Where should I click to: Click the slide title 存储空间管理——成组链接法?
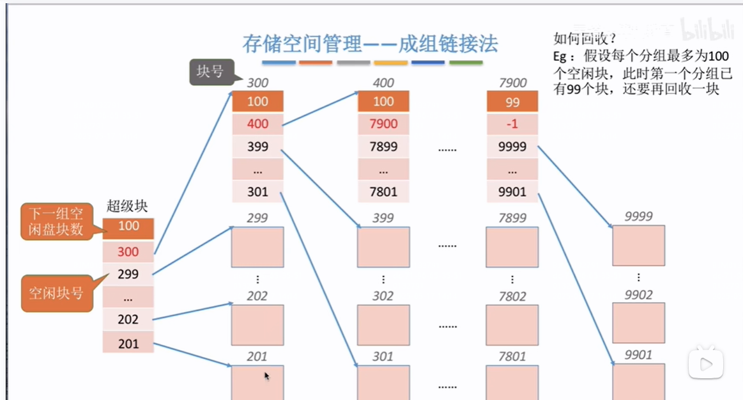click(x=370, y=45)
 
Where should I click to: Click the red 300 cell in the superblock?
click(x=128, y=251)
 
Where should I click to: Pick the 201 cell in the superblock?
click(x=128, y=344)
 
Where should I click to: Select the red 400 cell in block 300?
click(x=257, y=124)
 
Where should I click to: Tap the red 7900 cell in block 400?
click(x=383, y=124)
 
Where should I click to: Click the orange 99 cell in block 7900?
click(x=512, y=102)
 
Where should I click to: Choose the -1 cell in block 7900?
click(x=512, y=124)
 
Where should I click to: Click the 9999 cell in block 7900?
click(x=512, y=147)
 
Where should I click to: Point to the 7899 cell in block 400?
click(x=383, y=147)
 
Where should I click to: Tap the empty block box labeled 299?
click(x=257, y=247)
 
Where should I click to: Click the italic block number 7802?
click(x=512, y=296)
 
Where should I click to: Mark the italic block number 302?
click(x=383, y=296)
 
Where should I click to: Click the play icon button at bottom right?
click(x=706, y=364)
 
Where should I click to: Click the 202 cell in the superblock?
click(x=128, y=319)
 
